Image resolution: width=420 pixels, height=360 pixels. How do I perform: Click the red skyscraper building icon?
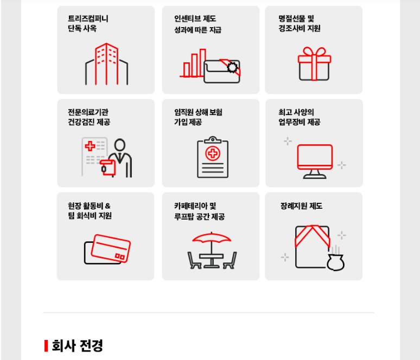click(106, 64)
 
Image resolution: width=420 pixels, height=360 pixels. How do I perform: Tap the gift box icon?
click(315, 64)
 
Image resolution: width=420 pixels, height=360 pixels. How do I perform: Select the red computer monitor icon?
click(315, 161)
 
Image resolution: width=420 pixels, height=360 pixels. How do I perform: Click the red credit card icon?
click(111, 248)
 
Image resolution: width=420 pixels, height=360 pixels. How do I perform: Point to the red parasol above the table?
click(212, 237)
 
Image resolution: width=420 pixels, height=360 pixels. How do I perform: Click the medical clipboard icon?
click(213, 157)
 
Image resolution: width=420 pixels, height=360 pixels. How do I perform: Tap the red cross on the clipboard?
click(213, 153)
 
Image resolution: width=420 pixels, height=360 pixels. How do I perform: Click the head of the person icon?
click(120, 145)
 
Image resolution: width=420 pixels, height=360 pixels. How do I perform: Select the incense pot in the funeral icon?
click(336, 262)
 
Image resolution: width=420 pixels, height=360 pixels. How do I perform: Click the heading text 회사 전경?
click(77, 345)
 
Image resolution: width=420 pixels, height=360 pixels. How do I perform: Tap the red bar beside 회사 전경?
click(46, 346)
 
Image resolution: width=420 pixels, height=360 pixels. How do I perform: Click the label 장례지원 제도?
click(301, 206)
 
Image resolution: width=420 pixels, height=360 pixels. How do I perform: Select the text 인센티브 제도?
click(195, 18)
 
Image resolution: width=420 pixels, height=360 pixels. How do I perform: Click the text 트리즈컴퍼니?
click(88, 18)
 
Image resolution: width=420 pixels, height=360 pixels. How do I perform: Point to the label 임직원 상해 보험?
click(198, 112)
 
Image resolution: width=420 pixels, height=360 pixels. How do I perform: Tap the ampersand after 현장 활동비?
click(107, 206)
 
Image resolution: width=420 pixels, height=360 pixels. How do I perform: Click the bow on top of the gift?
click(314, 52)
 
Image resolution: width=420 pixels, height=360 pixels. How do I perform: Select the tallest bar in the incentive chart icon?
click(203, 62)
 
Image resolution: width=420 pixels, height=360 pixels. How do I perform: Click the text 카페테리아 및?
click(195, 206)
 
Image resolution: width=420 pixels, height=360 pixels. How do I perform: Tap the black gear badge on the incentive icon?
click(232, 67)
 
